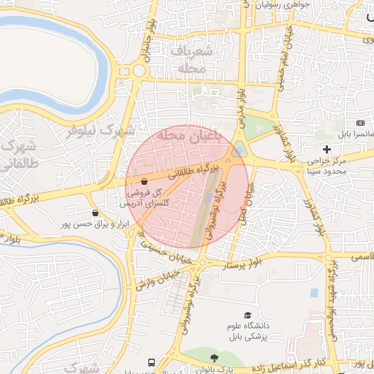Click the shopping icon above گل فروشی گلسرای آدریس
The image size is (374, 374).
142,182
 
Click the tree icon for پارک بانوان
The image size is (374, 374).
213,359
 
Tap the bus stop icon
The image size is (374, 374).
151,362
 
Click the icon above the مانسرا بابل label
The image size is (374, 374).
359,123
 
